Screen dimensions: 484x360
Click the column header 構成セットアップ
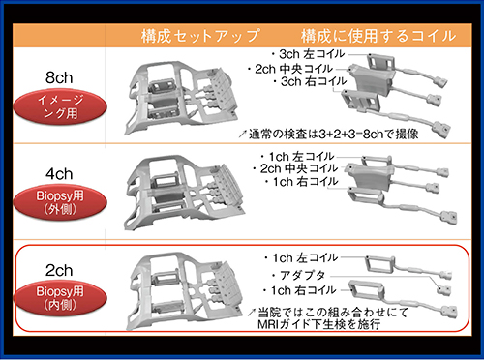pos(200,36)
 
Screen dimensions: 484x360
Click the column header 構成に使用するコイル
pos(378,36)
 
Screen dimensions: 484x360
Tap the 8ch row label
pos(59,78)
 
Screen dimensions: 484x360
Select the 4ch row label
pos(59,174)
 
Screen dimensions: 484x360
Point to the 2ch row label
pos(59,270)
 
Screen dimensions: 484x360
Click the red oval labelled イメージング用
pos(60,106)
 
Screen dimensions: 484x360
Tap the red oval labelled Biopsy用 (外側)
pos(60,202)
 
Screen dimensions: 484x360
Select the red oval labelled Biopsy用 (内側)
pos(60,298)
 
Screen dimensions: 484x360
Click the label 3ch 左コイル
pos(308,54)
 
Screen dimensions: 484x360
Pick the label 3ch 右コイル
pos(309,81)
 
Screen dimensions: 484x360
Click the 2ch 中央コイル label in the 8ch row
pos(289,69)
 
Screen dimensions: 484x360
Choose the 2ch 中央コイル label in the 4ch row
pos(295,168)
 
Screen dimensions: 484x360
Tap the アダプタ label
pos(299,275)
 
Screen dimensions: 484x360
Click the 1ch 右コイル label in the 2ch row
pos(299,290)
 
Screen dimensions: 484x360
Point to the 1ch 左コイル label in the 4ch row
pos(297,157)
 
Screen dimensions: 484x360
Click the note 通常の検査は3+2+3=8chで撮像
pos(329,134)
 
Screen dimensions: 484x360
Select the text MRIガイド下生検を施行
pos(318,324)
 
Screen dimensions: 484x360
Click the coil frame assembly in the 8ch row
pos(181,98)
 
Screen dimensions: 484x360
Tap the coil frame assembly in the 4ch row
pos(185,193)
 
